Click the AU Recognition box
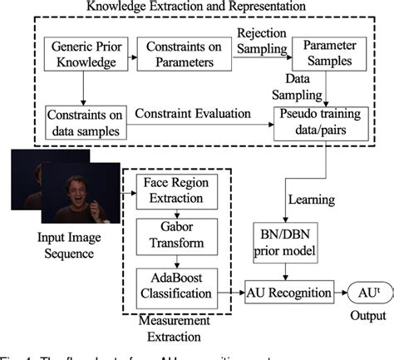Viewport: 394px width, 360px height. click(288, 293)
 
